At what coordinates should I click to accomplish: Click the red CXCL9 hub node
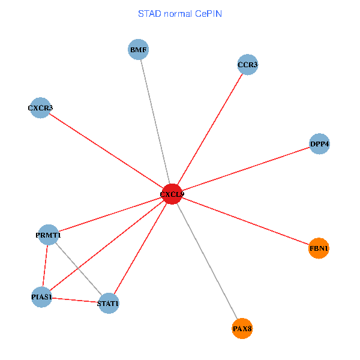click(172, 194)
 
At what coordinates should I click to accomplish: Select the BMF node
click(139, 50)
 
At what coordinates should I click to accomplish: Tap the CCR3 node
click(247, 65)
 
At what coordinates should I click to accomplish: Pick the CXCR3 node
click(40, 108)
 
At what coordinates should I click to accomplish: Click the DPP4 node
click(319, 144)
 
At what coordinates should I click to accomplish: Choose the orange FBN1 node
click(319, 248)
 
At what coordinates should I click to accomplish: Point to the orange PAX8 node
click(242, 328)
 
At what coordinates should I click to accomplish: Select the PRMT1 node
click(49, 235)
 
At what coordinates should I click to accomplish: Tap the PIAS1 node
click(41, 297)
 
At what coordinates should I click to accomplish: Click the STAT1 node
click(108, 303)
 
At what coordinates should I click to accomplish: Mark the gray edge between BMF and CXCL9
click(155, 119)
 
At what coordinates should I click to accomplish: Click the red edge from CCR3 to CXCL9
click(210, 129)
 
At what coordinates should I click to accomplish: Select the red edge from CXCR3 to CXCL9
click(106, 151)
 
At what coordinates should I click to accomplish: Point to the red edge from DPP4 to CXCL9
click(246, 169)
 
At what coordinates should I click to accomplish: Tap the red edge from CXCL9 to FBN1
click(245, 221)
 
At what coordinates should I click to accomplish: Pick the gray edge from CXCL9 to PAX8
click(207, 261)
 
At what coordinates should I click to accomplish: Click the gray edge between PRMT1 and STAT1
click(79, 269)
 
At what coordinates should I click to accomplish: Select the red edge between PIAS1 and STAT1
click(75, 300)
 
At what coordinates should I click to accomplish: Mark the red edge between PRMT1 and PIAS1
click(45, 266)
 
